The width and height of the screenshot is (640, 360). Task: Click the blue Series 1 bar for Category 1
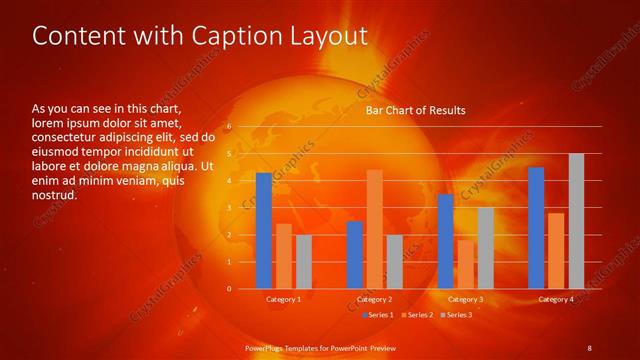(263, 231)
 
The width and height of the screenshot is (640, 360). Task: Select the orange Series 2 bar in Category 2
(374, 229)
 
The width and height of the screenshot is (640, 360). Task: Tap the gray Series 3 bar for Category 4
(576, 221)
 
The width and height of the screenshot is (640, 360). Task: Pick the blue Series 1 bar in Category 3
(445, 241)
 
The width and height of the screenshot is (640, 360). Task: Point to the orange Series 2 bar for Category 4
(556, 251)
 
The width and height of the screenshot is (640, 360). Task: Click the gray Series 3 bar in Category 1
(304, 262)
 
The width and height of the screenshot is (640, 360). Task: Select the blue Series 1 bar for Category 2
(354, 255)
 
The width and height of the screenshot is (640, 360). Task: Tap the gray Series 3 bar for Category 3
(485, 248)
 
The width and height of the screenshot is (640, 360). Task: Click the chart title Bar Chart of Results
(414, 110)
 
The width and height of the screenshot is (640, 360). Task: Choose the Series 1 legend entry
(377, 315)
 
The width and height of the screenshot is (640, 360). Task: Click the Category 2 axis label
(374, 299)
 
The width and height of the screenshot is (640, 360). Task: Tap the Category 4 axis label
(556, 299)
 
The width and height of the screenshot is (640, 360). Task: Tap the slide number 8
(589, 347)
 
